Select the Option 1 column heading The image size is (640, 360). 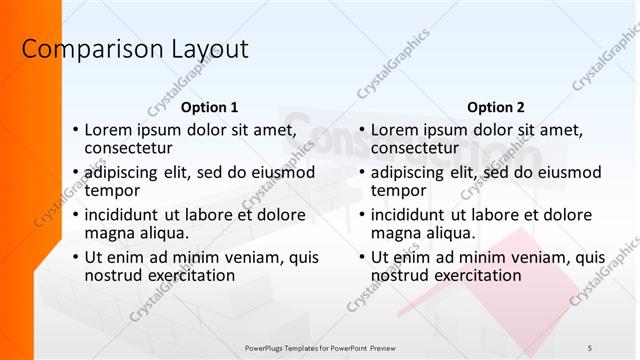point(210,107)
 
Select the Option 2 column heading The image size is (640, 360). point(495,107)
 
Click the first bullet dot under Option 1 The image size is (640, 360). point(75,130)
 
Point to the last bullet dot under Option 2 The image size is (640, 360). point(362,258)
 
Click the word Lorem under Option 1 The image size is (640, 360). point(109,129)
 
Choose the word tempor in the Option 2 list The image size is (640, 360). point(398,190)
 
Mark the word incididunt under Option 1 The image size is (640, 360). point(125,215)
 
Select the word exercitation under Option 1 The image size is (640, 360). point(191,275)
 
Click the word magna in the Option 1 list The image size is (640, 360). point(109,233)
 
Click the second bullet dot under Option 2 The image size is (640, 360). point(362,173)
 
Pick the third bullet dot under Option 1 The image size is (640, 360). point(75,216)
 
